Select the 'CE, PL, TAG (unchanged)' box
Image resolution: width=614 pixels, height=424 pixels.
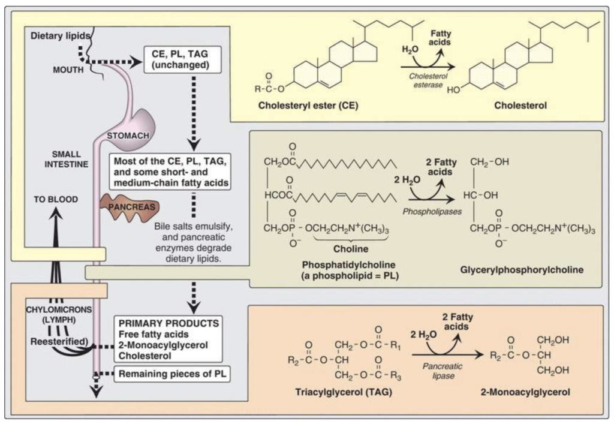pyautogui.click(x=182, y=59)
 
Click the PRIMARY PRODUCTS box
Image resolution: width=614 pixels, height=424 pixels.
pyautogui.click(x=168, y=339)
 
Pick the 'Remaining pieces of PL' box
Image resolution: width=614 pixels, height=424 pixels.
pyautogui.click(x=172, y=374)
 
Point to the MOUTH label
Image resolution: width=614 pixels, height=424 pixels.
pyautogui.click(x=68, y=70)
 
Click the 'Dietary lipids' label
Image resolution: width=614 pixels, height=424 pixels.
pyautogui.click(x=60, y=36)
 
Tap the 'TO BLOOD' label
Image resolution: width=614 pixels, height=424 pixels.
pyautogui.click(x=56, y=199)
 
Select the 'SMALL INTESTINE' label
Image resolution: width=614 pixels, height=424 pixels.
pyautogui.click(x=66, y=159)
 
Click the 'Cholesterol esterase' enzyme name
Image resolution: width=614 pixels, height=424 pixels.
pyautogui.click(x=428, y=80)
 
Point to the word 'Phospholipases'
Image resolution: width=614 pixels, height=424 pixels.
pyautogui.click(x=432, y=212)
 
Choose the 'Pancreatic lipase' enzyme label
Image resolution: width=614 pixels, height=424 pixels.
pyautogui.click(x=443, y=371)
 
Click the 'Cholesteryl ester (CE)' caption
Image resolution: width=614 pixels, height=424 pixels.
pyautogui.click(x=308, y=106)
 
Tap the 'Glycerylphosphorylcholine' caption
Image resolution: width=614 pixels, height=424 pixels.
pyautogui.click(x=522, y=270)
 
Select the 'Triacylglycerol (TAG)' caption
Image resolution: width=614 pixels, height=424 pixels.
pyautogui.click(x=344, y=392)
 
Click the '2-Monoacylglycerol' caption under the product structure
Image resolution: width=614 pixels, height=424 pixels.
pyautogui.click(x=525, y=392)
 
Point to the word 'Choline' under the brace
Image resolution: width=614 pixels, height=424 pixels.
pyautogui.click(x=351, y=249)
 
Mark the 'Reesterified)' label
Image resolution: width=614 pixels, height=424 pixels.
pyautogui.click(x=59, y=341)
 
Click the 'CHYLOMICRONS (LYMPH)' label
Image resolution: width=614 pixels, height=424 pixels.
pyautogui.click(x=59, y=314)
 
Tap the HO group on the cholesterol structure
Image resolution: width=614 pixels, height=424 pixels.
pyautogui.click(x=454, y=89)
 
